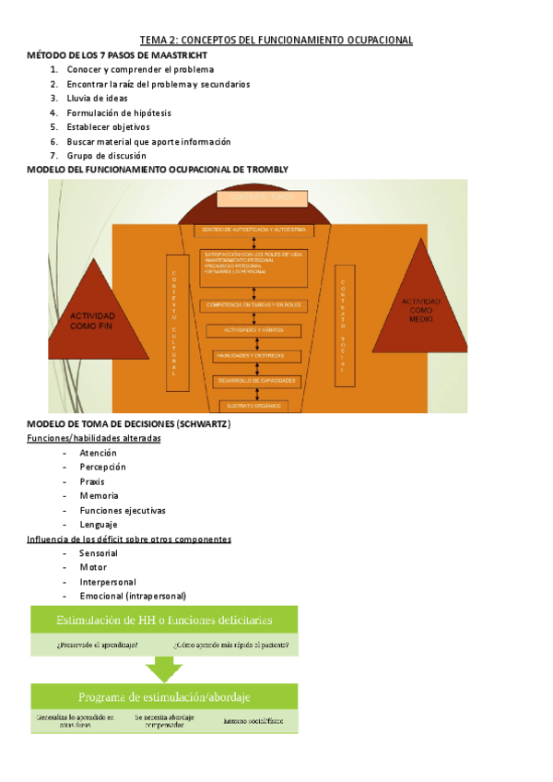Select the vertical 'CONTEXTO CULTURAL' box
(x=173, y=315)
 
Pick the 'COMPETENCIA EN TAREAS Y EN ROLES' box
(x=253, y=304)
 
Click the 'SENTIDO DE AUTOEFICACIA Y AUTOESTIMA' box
(x=253, y=229)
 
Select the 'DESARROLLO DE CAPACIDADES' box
(x=253, y=380)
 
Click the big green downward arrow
(x=165, y=667)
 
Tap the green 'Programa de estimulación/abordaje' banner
(x=165, y=696)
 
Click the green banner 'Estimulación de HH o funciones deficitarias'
(x=164, y=620)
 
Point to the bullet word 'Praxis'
(x=91, y=481)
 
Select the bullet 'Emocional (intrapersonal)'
(x=132, y=596)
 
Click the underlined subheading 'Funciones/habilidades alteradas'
(x=94, y=438)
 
